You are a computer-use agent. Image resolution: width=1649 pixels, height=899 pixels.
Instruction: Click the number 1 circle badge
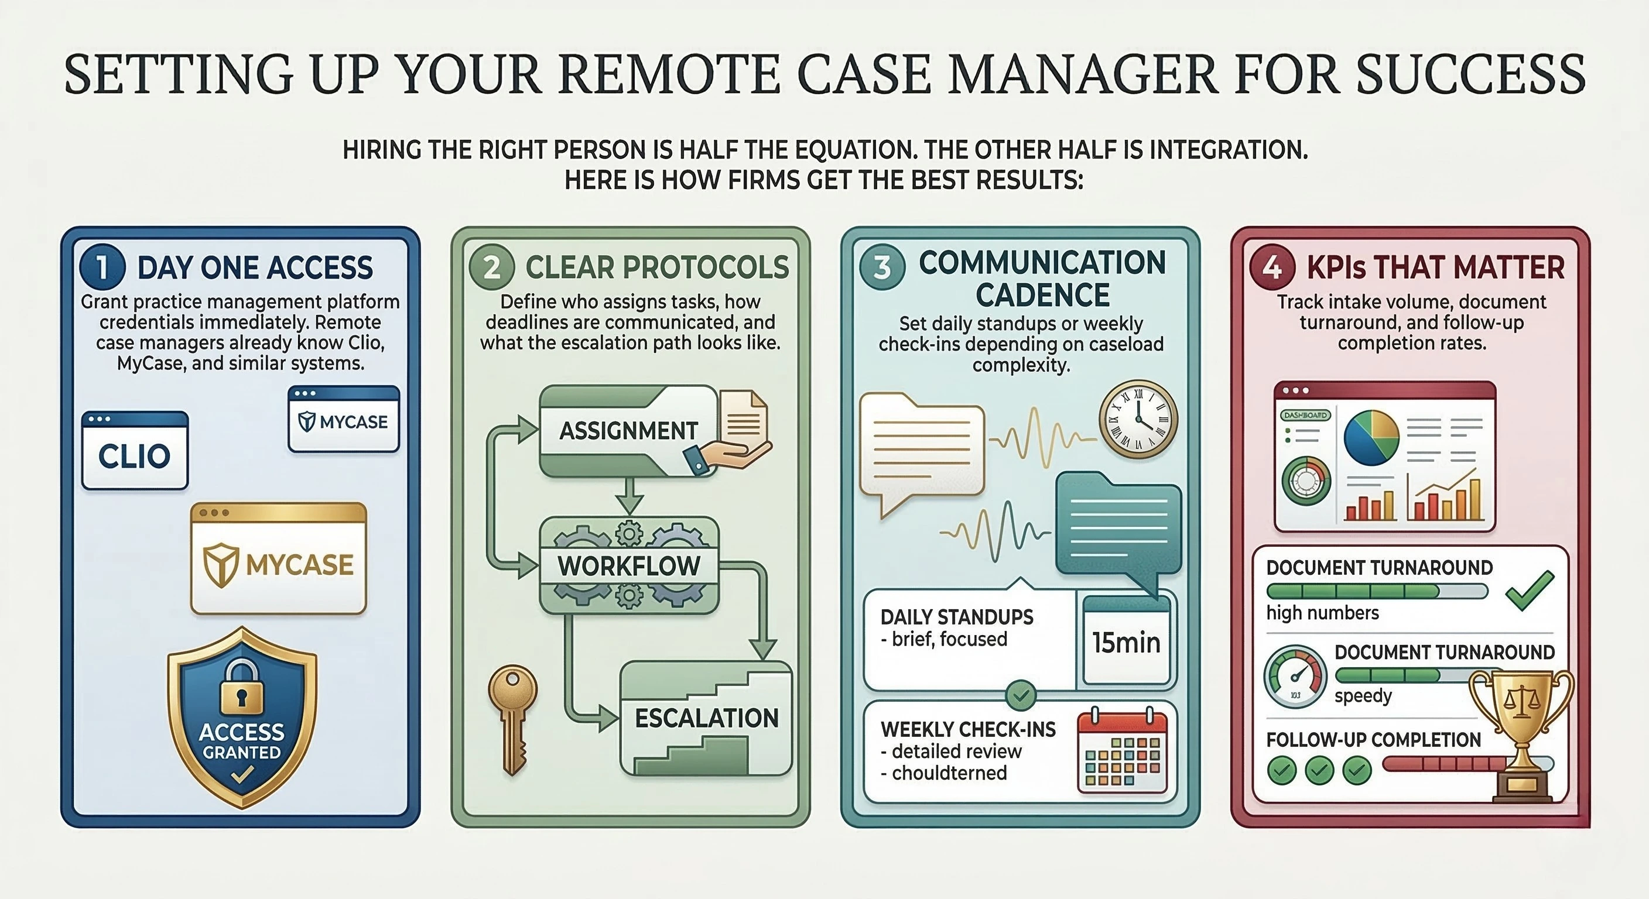pos(102,267)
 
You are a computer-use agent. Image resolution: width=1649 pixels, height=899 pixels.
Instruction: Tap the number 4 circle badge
pos(1272,267)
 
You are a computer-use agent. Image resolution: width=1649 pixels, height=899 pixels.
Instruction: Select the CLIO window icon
pos(135,451)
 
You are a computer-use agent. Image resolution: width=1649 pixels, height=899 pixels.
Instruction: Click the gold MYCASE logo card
pos(279,558)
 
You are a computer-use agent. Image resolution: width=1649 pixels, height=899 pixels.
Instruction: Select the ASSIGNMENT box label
pos(628,431)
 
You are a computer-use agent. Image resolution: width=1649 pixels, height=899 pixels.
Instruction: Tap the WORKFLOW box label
pos(628,565)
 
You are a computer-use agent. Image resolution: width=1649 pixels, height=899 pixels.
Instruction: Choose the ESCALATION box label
pos(706,718)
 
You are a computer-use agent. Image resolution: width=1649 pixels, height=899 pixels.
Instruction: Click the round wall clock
pos(1138,419)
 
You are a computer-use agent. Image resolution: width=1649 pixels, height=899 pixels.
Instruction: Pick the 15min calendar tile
pos(1126,641)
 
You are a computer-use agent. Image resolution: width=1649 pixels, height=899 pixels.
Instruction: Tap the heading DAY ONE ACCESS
pos(255,267)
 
